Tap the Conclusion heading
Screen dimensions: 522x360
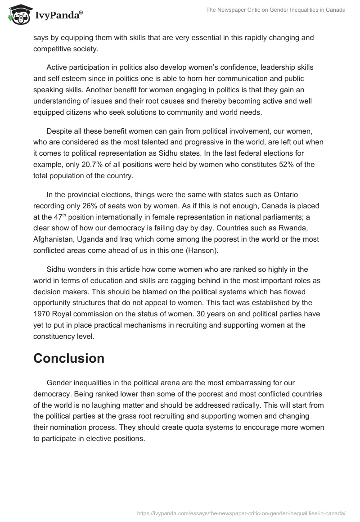click(69, 358)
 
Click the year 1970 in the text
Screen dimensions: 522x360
click(42, 314)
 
